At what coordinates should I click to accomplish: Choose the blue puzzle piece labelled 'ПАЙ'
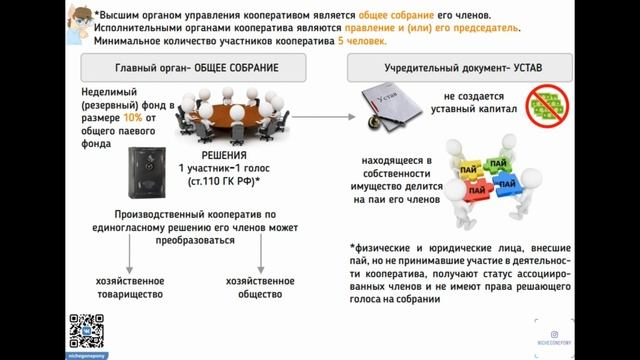coord(506,185)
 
